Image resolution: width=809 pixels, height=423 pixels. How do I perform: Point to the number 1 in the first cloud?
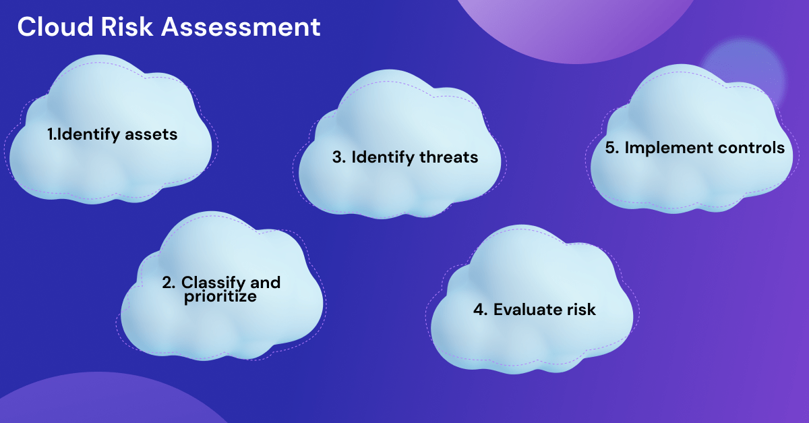tap(51, 134)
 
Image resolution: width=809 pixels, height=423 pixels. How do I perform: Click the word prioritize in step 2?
tap(220, 296)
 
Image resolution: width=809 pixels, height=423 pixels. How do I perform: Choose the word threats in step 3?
tap(448, 157)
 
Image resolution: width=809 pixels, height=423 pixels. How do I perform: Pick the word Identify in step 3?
tap(382, 157)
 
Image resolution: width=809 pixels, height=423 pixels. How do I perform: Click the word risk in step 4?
tap(580, 310)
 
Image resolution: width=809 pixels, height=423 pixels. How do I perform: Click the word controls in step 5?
tap(752, 148)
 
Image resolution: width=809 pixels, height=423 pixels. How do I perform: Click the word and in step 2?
tap(265, 282)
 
